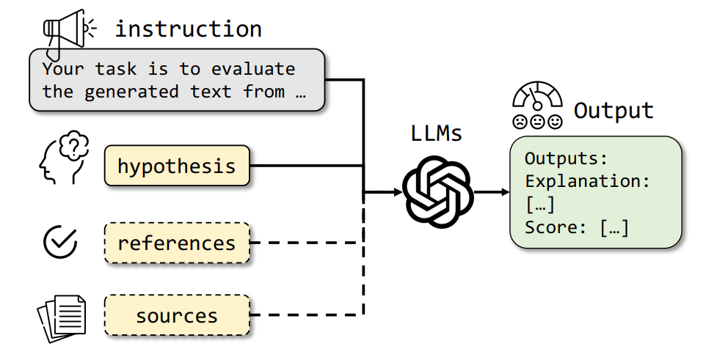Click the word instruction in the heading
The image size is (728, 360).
(188, 29)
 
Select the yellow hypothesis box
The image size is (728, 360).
(177, 166)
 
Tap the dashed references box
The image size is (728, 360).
(177, 243)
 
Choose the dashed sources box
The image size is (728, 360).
(177, 316)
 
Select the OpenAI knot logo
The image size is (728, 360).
(438, 194)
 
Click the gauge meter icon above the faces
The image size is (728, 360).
(537, 97)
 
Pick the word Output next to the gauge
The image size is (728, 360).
(614, 111)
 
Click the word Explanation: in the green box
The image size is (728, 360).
(588, 180)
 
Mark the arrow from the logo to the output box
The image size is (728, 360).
(492, 194)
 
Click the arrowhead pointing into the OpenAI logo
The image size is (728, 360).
(396, 194)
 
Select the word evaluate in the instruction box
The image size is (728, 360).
(253, 70)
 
